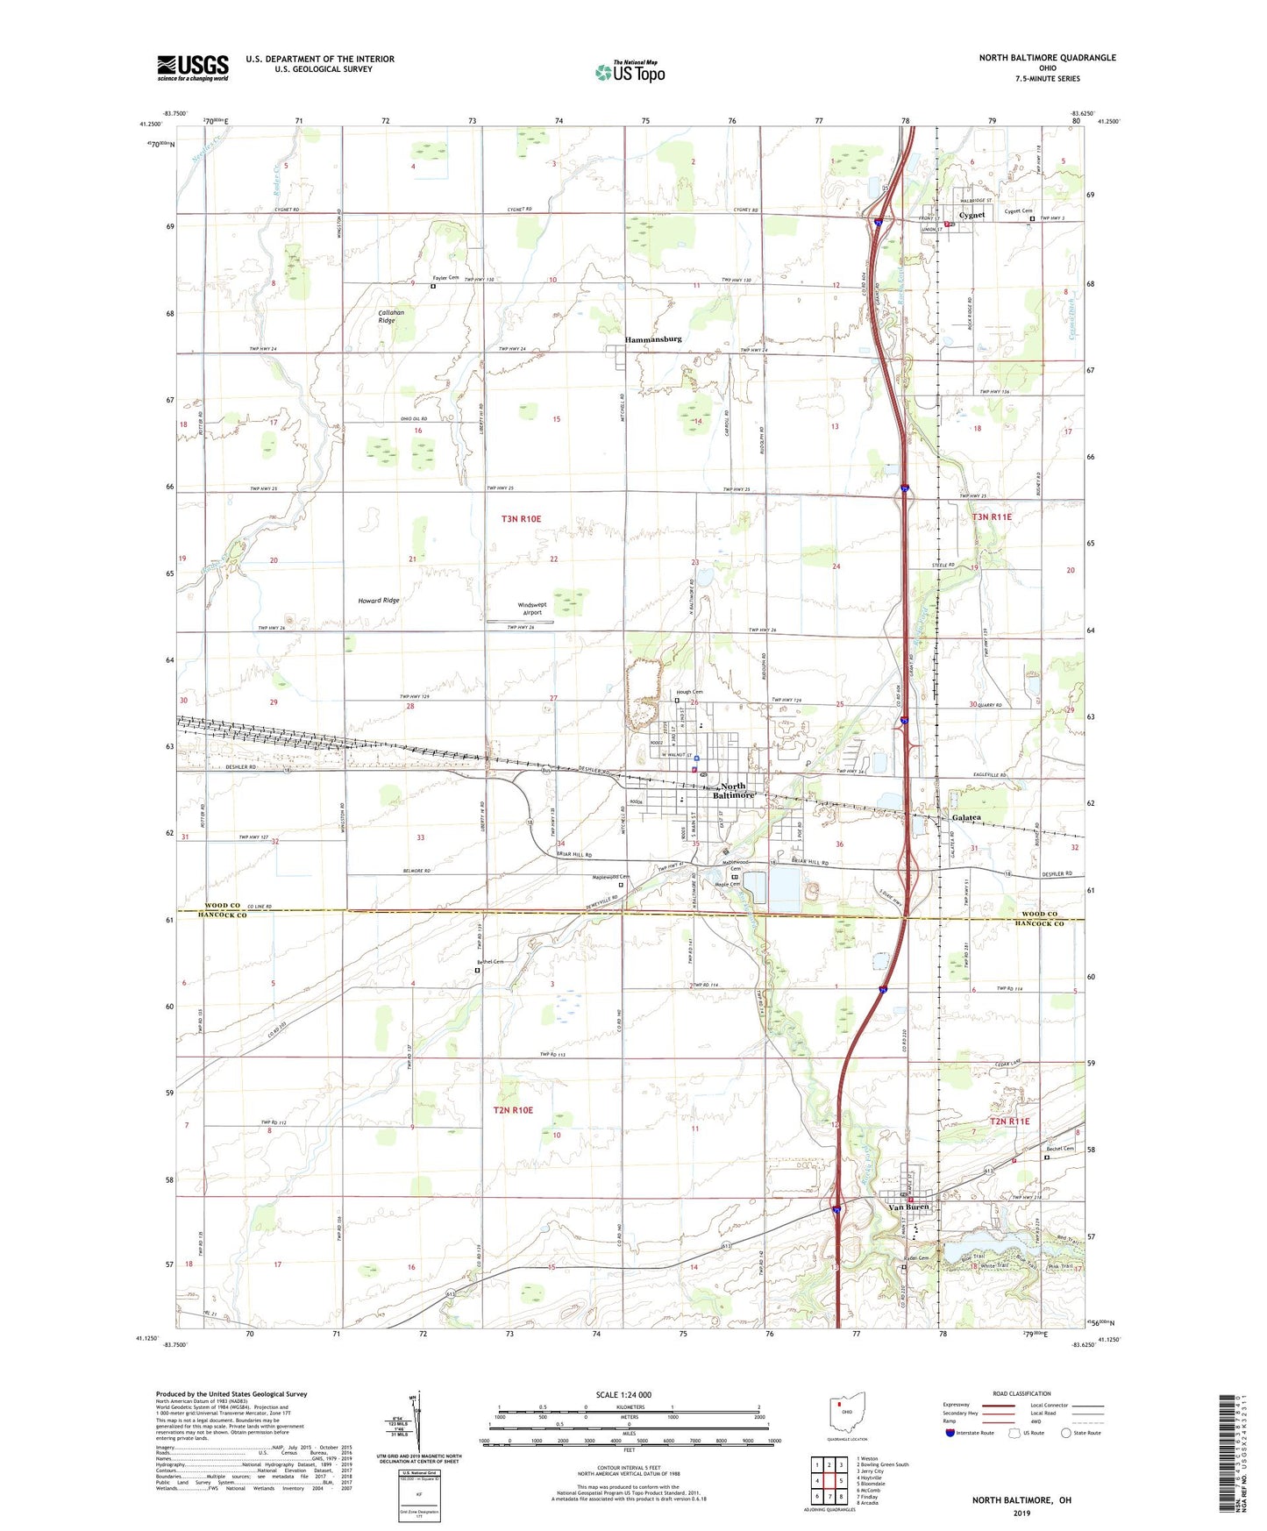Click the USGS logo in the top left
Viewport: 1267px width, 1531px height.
[x=192, y=68]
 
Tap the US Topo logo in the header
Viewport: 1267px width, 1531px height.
[x=630, y=71]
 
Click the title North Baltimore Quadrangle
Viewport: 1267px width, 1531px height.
[x=1047, y=58]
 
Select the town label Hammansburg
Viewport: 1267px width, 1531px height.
[x=652, y=338]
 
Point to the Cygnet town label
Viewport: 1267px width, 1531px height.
[x=972, y=215]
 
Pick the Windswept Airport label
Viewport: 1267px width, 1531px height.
[x=531, y=609]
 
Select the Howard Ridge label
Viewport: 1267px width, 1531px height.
[x=378, y=601]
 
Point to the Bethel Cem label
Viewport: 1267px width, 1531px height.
[x=490, y=962]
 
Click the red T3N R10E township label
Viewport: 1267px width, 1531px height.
[x=521, y=519]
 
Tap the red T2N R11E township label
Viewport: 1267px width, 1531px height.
[x=1009, y=1122]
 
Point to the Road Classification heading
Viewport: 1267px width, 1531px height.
[x=1022, y=1393]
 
